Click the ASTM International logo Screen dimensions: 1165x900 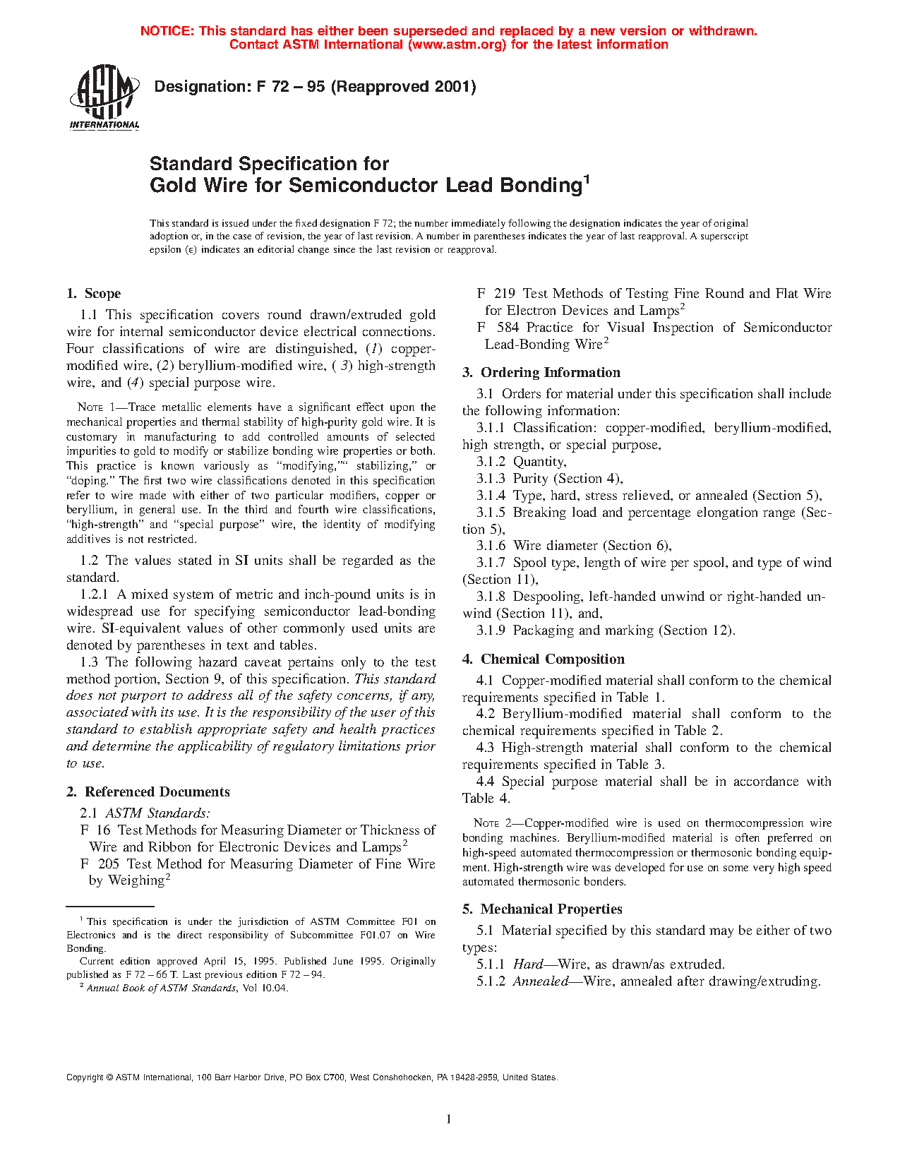[104, 97]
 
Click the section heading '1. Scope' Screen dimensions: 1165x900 [94, 294]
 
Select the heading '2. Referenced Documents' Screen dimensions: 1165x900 [149, 792]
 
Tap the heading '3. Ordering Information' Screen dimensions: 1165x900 [541, 373]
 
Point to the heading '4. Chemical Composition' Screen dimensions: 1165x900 [544, 659]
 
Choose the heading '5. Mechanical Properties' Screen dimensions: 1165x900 [542, 909]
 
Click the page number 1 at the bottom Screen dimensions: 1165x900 [449, 1118]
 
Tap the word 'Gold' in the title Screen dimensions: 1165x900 [173, 186]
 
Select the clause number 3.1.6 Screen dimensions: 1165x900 [491, 546]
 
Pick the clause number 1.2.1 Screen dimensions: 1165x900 [94, 595]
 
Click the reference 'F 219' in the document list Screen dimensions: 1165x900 [496, 294]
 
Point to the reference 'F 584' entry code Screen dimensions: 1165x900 [498, 328]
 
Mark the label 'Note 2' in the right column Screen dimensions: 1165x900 [496, 823]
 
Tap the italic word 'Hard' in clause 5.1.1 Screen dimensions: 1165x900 [527, 964]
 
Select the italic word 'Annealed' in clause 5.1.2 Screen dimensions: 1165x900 [540, 981]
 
